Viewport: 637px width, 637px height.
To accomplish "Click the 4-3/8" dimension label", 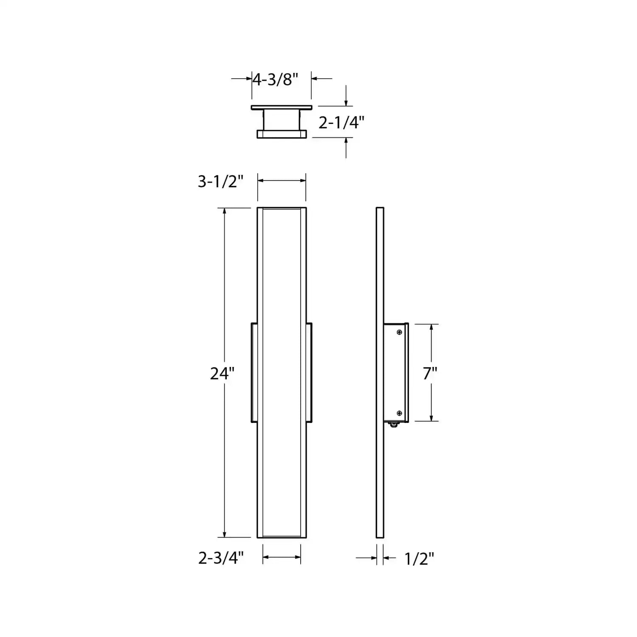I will pyautogui.click(x=275, y=79).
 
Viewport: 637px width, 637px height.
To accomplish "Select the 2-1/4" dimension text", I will pyautogui.click(x=341, y=123).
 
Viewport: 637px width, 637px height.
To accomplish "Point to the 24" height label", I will pyautogui.click(x=222, y=373).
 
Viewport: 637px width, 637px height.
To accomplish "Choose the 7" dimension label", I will pyautogui.click(x=430, y=373).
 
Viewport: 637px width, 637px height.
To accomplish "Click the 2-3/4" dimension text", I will pyautogui.click(x=221, y=558).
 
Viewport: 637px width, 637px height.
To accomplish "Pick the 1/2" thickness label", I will pyautogui.click(x=419, y=559).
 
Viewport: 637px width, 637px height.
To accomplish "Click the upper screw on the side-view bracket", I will pyautogui.click(x=399, y=332).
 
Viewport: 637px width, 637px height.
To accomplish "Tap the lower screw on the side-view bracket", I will pyautogui.click(x=399, y=413).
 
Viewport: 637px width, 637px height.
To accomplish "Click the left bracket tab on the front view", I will pyautogui.click(x=254, y=373).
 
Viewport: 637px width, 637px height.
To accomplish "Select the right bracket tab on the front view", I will pyautogui.click(x=309, y=373).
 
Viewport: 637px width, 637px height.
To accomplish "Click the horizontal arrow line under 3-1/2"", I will pyautogui.click(x=282, y=181).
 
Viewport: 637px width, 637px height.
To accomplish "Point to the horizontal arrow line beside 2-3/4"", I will pyautogui.click(x=282, y=557).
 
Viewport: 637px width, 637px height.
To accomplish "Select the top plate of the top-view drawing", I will pyautogui.click(x=281, y=108).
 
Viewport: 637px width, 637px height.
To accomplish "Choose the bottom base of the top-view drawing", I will pyautogui.click(x=281, y=134).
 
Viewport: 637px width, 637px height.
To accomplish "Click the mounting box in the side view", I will pyautogui.click(x=396, y=373).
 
